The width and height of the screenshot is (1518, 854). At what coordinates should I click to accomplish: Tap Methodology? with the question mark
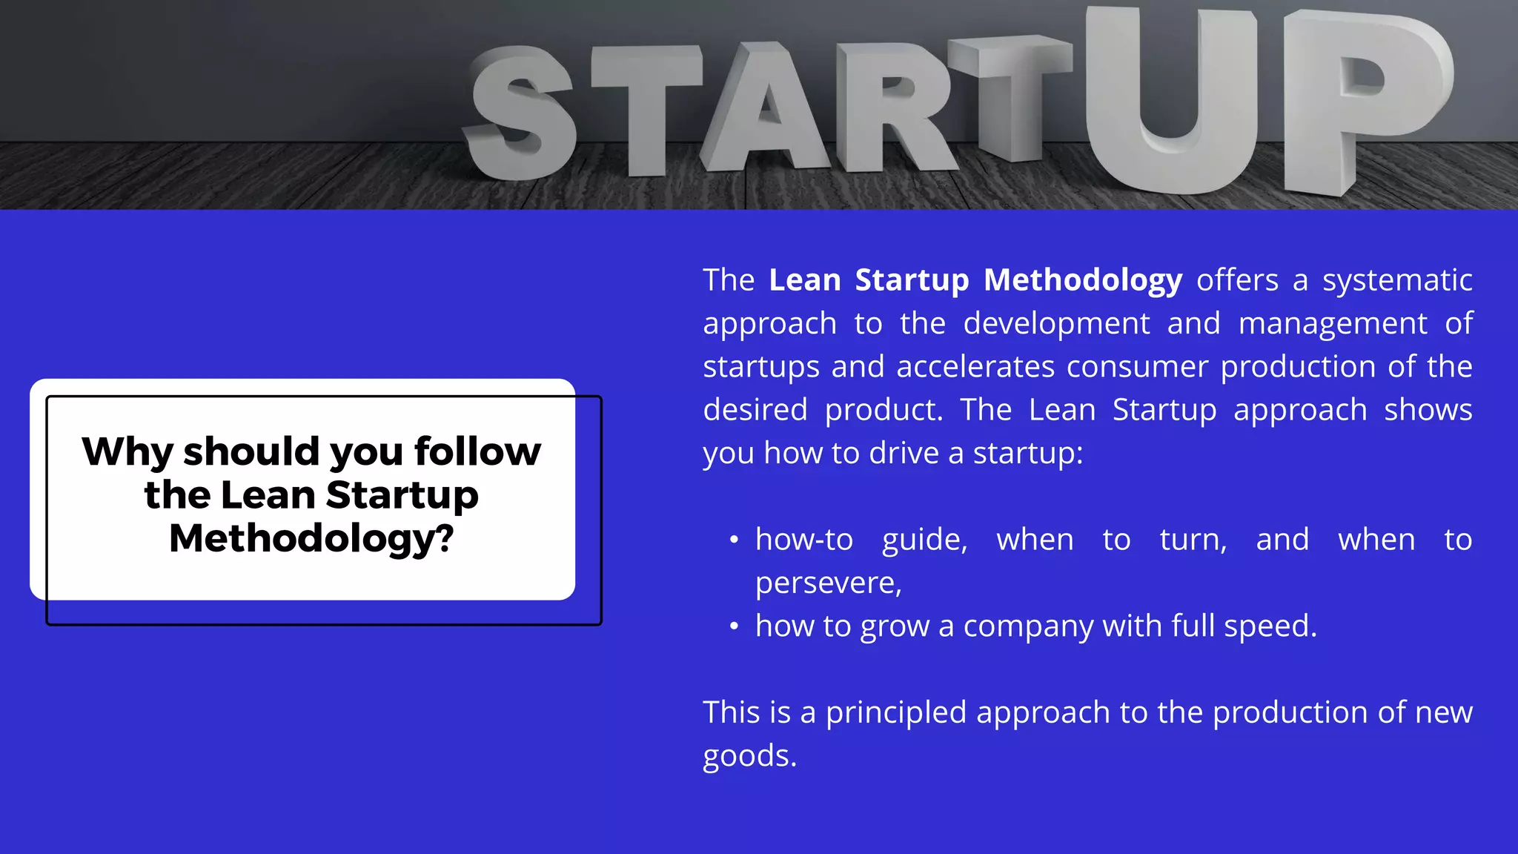coord(311,538)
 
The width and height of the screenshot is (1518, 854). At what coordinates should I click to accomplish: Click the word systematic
coord(1397,280)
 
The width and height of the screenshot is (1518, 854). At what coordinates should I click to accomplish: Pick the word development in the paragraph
coord(1056,323)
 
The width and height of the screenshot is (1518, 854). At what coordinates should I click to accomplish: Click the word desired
coord(755,410)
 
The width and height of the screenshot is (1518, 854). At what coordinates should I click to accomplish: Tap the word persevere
coord(827,583)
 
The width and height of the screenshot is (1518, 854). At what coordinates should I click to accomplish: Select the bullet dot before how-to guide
coord(734,540)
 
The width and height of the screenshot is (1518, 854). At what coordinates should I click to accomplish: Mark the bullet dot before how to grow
coord(734,627)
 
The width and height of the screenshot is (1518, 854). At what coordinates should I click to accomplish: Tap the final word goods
coord(749,756)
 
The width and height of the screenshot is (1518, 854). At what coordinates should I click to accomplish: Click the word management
coord(1332,323)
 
